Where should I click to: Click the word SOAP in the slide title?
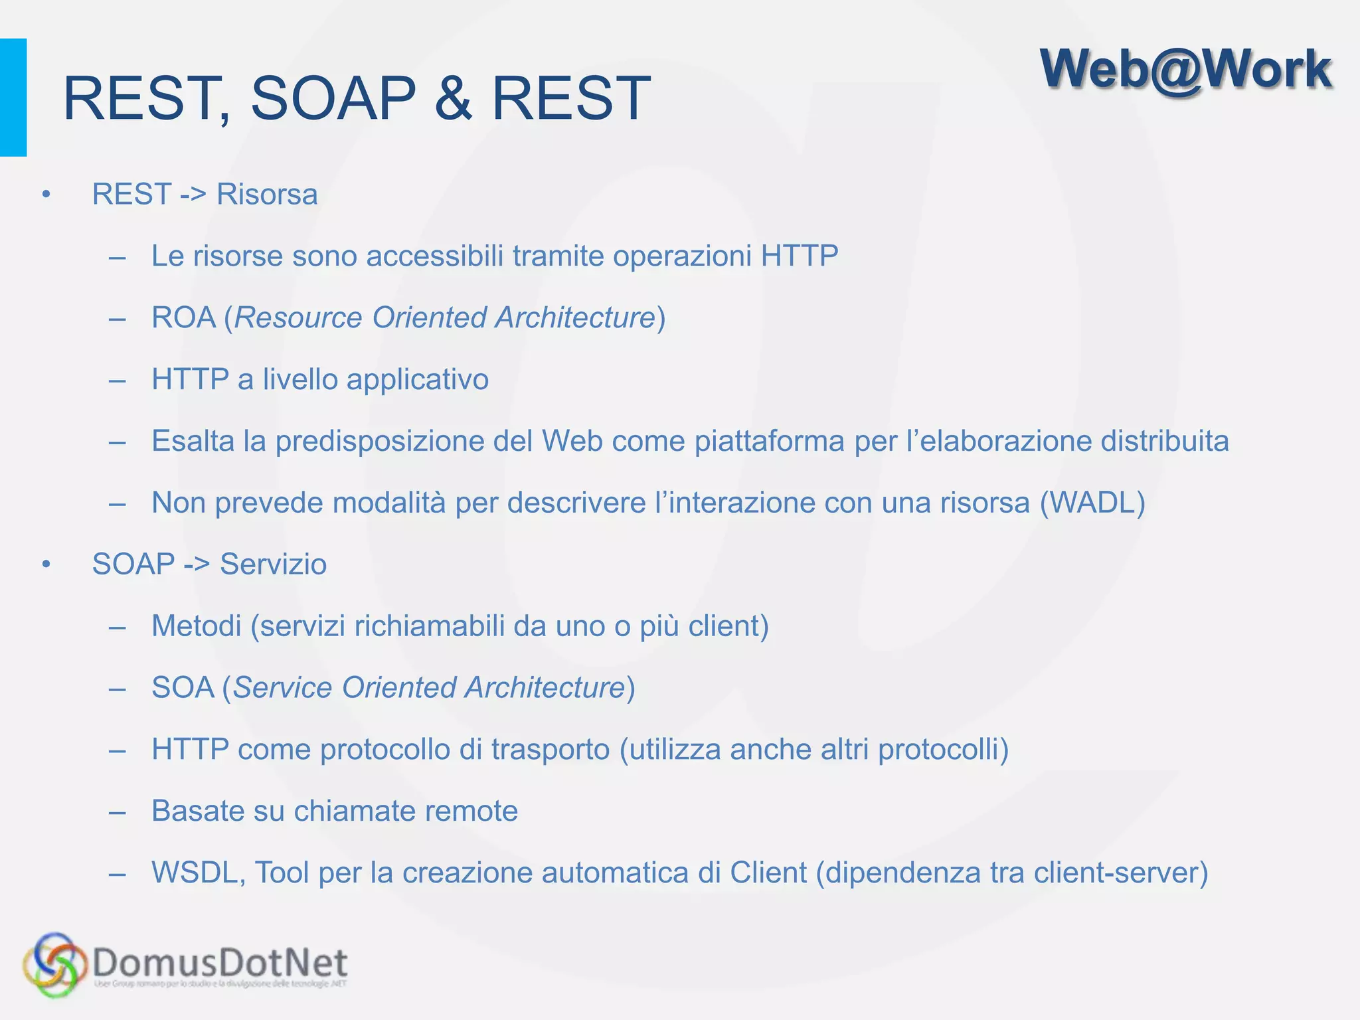pos(333,98)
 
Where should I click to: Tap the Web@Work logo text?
pos(1185,70)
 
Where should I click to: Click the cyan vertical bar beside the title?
pos(13,98)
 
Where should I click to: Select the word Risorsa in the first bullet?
pos(267,195)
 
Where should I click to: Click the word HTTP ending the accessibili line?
pos(800,256)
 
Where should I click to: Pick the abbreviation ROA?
pos(183,317)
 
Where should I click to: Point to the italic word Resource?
pos(297,317)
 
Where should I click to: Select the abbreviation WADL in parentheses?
pos(1092,503)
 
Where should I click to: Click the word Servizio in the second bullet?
pos(273,564)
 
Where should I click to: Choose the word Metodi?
pos(196,626)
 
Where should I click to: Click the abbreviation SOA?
pos(183,688)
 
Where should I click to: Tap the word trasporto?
pos(550,750)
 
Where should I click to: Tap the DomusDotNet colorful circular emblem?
pos(54,965)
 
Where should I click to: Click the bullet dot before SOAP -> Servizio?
pos(46,564)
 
